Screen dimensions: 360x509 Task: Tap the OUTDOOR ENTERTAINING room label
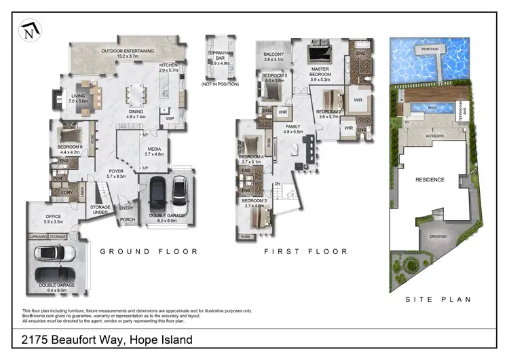tap(128, 51)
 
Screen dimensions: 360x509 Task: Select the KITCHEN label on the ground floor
tap(168, 66)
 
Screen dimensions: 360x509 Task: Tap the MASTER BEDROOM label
tap(320, 71)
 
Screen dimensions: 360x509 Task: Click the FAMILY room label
tap(293, 127)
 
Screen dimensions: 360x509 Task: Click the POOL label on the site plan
tap(428, 107)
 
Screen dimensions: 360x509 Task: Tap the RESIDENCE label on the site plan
tap(430, 180)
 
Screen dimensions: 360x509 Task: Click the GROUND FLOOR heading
tap(149, 251)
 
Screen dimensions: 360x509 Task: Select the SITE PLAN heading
tap(438, 299)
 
